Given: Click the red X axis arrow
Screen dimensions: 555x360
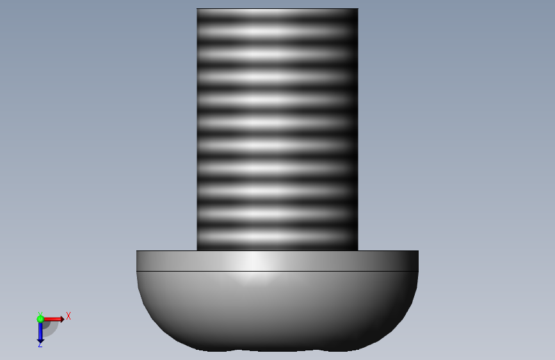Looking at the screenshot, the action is (x=53, y=319).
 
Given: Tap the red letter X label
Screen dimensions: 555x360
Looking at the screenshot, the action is (x=68, y=316).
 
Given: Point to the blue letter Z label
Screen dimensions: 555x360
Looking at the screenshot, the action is (x=40, y=345).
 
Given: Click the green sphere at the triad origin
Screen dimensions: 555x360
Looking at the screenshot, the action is (x=40, y=319).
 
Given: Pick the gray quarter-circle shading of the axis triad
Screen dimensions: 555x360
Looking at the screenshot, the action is (x=51, y=329).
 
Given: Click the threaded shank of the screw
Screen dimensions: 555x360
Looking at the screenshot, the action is (x=278, y=129).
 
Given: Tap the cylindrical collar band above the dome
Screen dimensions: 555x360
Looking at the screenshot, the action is (x=278, y=261).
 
